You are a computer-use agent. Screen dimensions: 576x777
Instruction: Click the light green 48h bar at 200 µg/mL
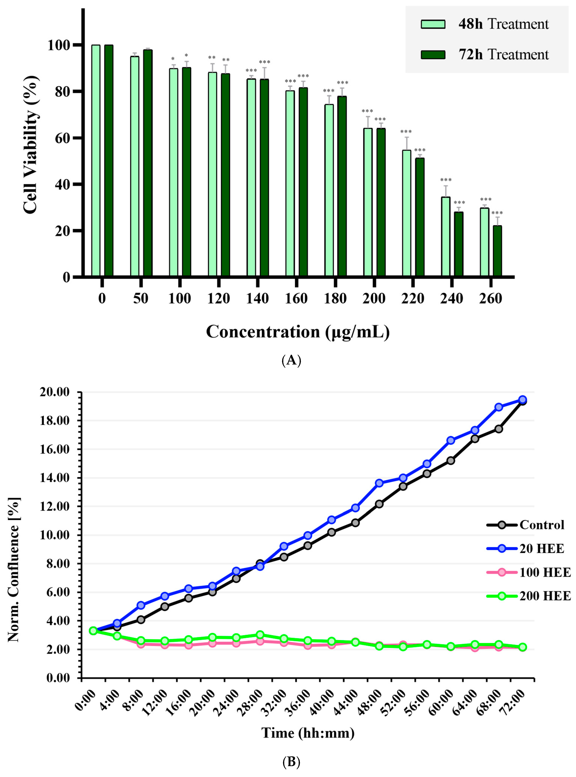pos(368,203)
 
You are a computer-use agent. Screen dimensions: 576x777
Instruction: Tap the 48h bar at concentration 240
pos(446,237)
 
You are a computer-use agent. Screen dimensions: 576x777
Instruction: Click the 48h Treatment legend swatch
pos(433,24)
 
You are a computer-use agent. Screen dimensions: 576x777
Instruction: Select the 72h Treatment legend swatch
pos(433,55)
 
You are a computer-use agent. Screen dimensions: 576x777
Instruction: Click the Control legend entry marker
pos(501,525)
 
